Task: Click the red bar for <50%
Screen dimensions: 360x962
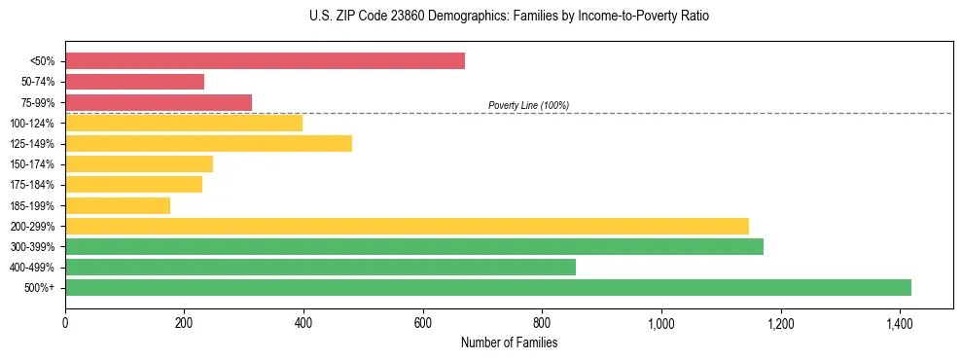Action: [265, 61]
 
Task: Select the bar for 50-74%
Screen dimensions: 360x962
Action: [134, 82]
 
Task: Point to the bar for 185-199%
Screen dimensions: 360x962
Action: [118, 205]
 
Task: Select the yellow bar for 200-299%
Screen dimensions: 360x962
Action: [407, 226]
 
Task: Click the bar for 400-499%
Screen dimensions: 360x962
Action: [320, 267]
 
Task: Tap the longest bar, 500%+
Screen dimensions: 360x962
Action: [488, 287]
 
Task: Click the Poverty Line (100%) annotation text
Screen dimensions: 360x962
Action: [528, 105]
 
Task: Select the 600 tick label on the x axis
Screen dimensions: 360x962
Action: [422, 323]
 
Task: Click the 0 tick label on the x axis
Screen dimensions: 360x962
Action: [65, 323]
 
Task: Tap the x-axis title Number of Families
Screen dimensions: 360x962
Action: [509, 342]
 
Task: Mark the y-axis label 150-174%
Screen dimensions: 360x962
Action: [32, 164]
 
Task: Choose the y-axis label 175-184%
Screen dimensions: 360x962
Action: [32, 185]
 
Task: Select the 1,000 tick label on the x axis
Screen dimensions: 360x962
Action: [660, 323]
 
